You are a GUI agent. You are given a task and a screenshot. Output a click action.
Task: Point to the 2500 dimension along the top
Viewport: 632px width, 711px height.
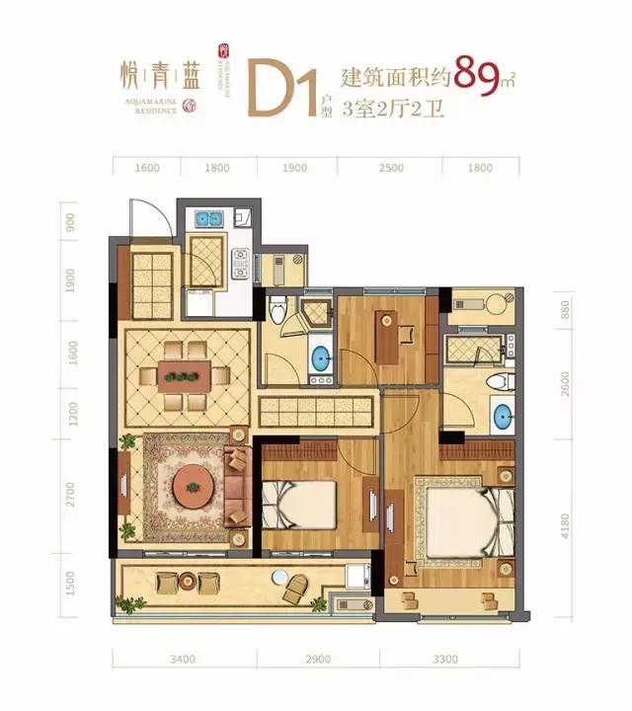(x=391, y=168)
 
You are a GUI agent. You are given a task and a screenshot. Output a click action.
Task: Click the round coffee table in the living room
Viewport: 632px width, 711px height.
(x=189, y=486)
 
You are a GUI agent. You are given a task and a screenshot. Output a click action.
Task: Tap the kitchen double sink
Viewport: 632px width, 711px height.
(x=207, y=219)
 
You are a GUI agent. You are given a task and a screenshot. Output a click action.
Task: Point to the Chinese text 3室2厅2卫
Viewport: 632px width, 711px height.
(x=393, y=110)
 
